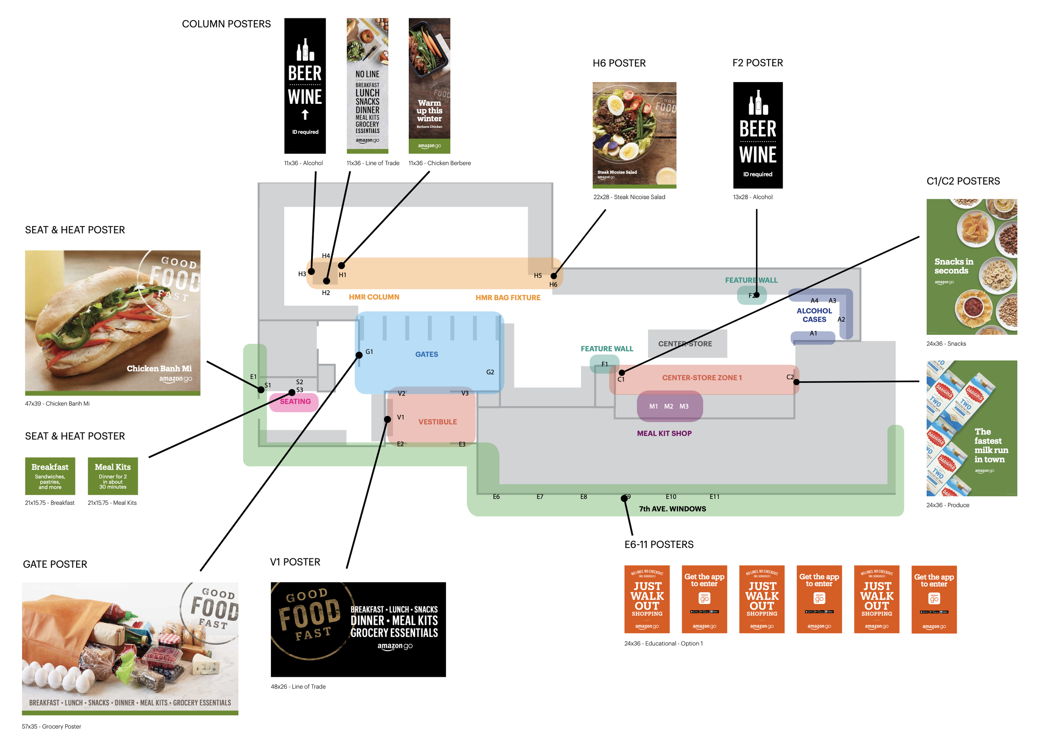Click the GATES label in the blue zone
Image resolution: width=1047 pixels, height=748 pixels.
coord(426,354)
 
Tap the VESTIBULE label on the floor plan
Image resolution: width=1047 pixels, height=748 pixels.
coord(437,422)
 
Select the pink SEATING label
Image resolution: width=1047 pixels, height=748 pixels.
coord(295,402)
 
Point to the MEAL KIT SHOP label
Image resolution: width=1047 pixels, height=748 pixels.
coord(664,433)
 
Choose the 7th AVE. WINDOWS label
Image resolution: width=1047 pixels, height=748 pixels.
coord(672,509)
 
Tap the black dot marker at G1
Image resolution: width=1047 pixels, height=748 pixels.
coord(359,355)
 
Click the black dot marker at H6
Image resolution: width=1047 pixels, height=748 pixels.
coord(554,276)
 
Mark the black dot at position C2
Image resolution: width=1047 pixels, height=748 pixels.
coord(796,382)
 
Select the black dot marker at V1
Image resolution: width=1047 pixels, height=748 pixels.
coord(388,419)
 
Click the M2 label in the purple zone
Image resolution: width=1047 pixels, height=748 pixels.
coord(668,406)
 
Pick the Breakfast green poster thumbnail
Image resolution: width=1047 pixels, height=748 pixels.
coord(50,476)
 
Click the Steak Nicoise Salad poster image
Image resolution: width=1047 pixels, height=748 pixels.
coord(634,135)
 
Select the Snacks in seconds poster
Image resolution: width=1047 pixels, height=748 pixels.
coord(972,267)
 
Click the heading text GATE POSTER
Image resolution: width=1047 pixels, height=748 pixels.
coord(55,564)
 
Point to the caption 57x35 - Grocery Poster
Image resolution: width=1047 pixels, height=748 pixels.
coord(51,727)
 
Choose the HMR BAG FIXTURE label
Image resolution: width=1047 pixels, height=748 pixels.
coord(508,298)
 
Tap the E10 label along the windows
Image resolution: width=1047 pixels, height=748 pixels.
coord(670,497)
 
